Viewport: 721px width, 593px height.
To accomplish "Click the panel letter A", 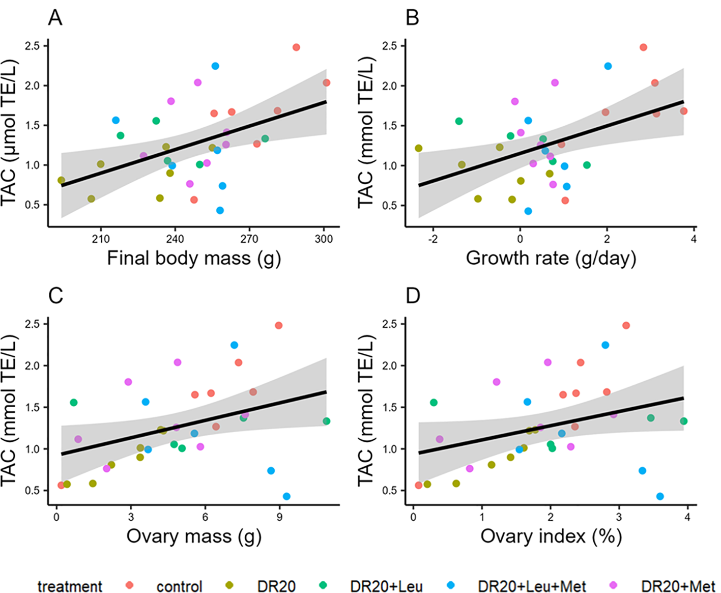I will tap(55, 18).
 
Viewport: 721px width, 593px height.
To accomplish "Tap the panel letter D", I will tap(413, 296).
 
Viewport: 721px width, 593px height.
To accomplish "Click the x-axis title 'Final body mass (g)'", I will tap(193, 259).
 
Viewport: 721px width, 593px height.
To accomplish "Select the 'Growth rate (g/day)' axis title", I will tap(551, 259).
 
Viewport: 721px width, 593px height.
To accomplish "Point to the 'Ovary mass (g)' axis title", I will tap(193, 536).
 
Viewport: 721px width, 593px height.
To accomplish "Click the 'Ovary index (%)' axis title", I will tap(551, 536).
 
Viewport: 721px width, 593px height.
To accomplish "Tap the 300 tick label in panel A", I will tap(324, 239).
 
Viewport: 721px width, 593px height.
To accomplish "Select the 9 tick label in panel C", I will tap(279, 517).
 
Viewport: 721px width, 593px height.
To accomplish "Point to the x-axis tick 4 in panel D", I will tap(687, 517).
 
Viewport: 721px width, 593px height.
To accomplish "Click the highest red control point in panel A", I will tap(296, 47).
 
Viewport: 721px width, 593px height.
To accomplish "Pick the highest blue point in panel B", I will tap(608, 66).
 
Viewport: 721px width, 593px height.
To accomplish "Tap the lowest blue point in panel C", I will tap(286, 496).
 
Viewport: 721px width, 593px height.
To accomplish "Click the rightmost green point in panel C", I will tap(326, 421).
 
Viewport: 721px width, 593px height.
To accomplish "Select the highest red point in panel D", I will tap(626, 325).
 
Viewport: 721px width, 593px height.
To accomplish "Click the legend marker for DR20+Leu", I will tap(323, 585).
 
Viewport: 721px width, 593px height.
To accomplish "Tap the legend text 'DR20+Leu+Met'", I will tap(532, 586).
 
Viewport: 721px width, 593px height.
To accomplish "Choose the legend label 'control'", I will tap(179, 586).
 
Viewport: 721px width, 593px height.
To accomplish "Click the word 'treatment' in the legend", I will tap(70, 586).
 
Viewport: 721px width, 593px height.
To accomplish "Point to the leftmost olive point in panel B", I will tap(418, 148).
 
